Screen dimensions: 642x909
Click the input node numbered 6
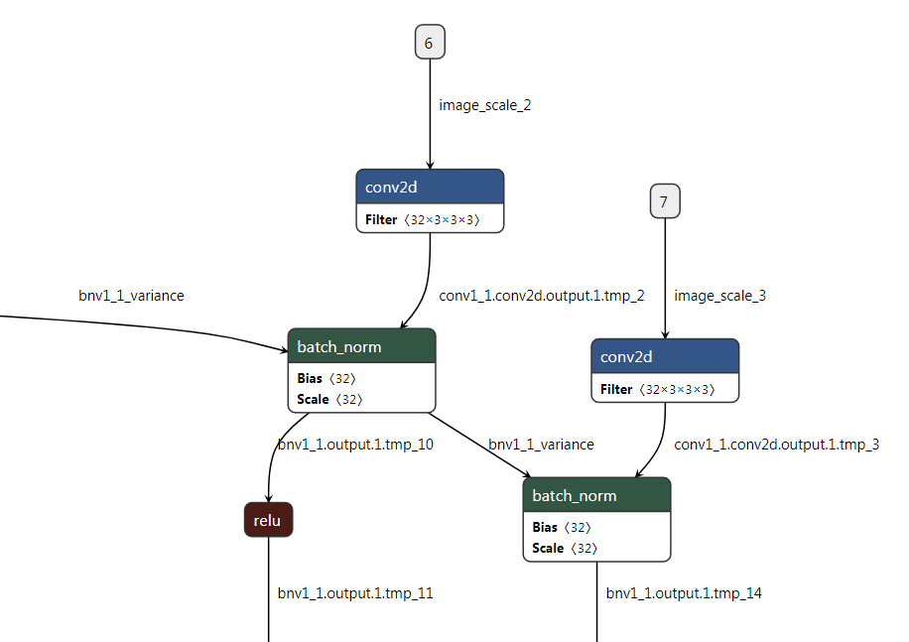point(429,43)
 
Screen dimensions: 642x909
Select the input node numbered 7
point(664,202)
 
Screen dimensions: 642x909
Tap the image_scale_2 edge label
point(485,104)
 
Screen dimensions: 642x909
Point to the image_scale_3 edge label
point(719,295)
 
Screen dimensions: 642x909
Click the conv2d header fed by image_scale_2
point(430,188)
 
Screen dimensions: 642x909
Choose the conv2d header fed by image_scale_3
point(665,356)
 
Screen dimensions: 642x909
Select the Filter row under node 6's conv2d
point(430,219)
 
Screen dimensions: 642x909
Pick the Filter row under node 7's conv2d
point(665,389)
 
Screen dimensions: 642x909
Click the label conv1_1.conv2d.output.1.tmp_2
point(542,295)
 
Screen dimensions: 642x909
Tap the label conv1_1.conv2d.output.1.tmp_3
point(777,444)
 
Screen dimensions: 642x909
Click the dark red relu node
point(268,520)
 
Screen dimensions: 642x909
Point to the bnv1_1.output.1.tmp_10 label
point(355,444)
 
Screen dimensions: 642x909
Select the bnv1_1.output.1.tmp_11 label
point(355,593)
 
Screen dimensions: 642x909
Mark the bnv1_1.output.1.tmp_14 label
point(684,593)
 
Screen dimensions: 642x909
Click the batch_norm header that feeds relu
point(361,346)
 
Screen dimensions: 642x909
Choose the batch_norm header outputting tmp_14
point(596,495)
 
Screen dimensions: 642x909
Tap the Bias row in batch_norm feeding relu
point(326,378)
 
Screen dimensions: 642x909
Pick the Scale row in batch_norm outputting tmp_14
point(562,548)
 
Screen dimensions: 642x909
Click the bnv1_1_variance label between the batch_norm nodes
point(541,444)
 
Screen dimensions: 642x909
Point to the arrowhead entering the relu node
point(269,498)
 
